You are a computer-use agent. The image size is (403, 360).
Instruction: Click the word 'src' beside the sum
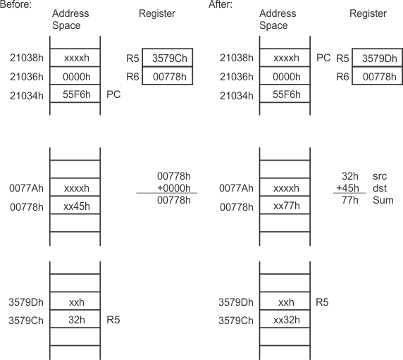coord(380,176)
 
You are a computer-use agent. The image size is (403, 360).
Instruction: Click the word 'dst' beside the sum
coord(380,188)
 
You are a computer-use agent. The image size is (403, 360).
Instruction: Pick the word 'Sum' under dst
coord(383,201)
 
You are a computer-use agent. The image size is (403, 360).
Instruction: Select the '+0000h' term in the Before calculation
coord(166,188)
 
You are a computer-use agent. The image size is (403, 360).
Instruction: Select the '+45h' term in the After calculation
coord(349,188)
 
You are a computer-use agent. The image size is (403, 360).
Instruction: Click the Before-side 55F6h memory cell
coord(75,93)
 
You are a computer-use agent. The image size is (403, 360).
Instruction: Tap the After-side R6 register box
coord(378,75)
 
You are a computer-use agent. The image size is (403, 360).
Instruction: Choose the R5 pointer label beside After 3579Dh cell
coord(321,302)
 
